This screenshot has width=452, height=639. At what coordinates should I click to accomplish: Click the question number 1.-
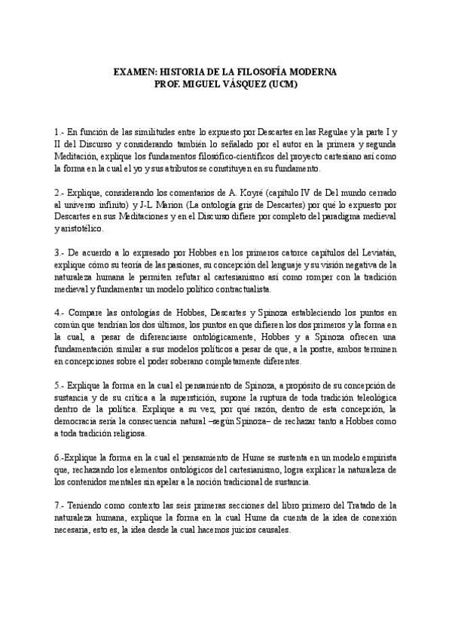60,131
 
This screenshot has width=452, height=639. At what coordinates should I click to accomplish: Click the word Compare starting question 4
87,315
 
